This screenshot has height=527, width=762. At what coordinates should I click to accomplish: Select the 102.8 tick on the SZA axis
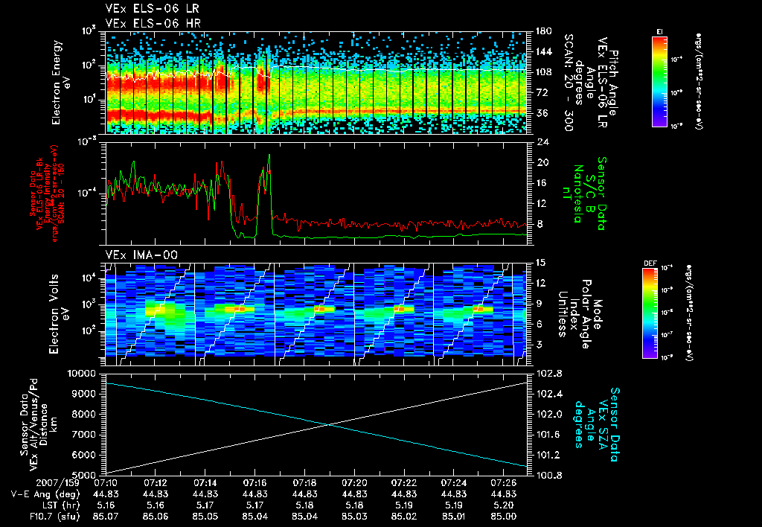[545, 373]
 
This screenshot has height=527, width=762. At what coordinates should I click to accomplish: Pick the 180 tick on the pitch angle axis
[543, 31]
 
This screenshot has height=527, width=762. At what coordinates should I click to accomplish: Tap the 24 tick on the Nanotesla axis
[542, 141]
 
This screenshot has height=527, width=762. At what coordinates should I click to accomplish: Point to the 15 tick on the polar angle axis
[541, 262]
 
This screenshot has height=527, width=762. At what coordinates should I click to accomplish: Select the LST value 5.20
[504, 505]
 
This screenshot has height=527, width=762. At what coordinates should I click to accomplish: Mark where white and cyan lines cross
[328, 424]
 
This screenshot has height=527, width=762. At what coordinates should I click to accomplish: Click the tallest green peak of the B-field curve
[269, 156]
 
